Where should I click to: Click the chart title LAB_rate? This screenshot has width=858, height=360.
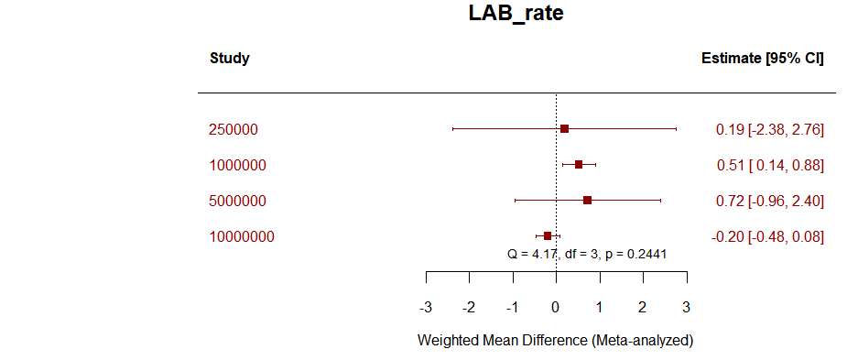point(516,16)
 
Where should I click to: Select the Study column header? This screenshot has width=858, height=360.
point(230,59)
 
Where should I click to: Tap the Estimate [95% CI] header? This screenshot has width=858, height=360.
point(762,59)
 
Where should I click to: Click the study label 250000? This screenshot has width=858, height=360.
point(234,130)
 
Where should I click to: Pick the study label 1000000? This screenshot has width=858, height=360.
point(237,166)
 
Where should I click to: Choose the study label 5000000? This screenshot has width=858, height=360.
point(237,202)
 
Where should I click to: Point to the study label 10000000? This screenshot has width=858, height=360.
point(242,237)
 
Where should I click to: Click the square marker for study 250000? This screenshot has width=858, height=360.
point(564,129)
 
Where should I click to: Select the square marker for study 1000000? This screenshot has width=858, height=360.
point(578,165)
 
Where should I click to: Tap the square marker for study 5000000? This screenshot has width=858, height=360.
point(587,200)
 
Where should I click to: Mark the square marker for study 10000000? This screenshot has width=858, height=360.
point(548,235)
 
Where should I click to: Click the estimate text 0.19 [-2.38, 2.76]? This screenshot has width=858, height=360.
point(769,130)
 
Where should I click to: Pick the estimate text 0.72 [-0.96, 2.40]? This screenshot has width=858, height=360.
point(769,202)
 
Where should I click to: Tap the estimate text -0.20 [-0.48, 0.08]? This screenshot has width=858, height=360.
point(767,237)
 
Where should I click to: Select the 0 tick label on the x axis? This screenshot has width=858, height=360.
point(556,306)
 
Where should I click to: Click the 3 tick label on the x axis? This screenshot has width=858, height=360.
point(686,306)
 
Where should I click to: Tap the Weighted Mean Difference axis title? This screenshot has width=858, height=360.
point(555,340)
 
